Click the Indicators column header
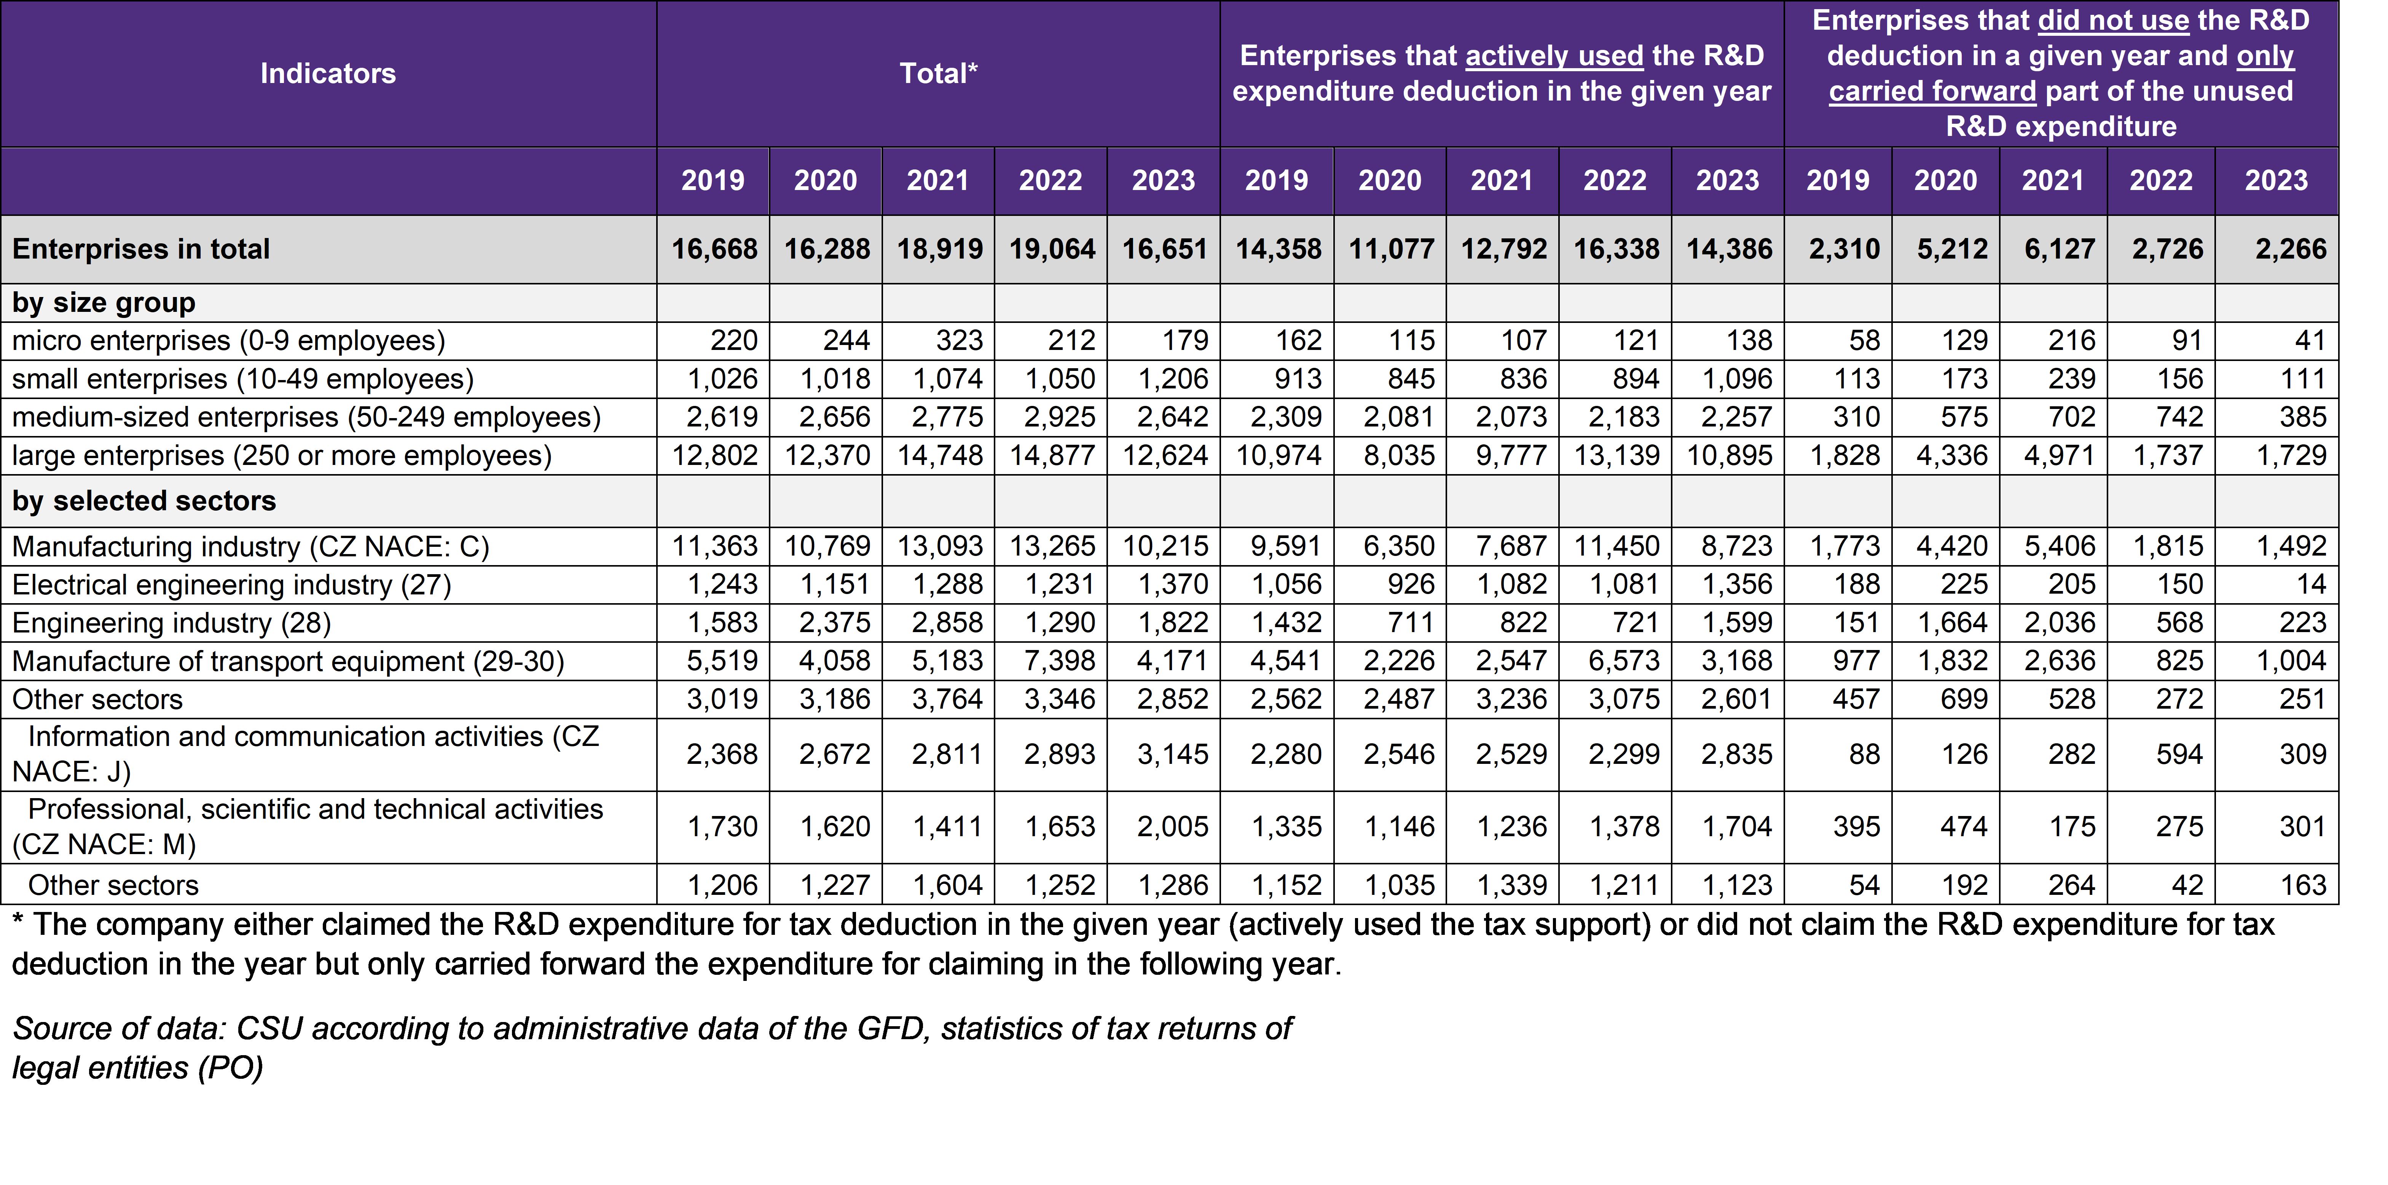tap(328, 73)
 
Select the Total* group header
tap(938, 73)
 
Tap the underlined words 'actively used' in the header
tap(1554, 56)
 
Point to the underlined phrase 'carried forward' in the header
tap(1932, 91)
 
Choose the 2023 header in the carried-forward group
tap(2276, 180)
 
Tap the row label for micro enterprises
tap(228, 340)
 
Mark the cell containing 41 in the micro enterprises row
tap(2310, 340)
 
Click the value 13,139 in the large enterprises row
tap(1617, 455)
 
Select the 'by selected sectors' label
tap(144, 501)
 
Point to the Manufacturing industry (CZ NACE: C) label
tap(250, 546)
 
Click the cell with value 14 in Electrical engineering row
tap(2311, 584)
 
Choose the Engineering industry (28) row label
tap(172, 622)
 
